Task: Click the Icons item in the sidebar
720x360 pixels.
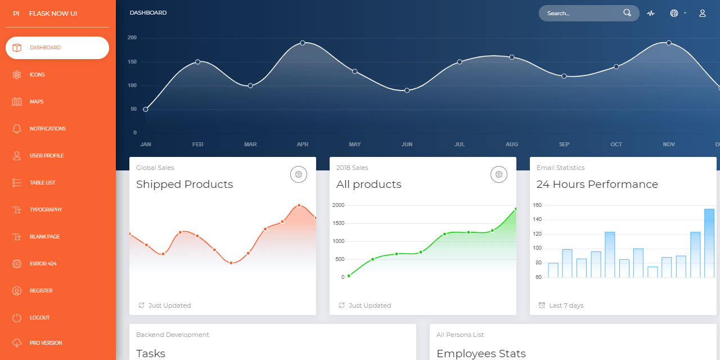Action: [37, 75]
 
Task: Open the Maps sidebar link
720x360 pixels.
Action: [37, 102]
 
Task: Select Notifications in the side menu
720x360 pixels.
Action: [48, 129]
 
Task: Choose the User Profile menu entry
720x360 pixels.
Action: [46, 156]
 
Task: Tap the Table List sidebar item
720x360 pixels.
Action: [42, 183]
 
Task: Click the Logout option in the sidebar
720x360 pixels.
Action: [39, 318]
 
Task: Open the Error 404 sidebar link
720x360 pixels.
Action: [43, 264]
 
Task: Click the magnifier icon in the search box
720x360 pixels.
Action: [627, 13]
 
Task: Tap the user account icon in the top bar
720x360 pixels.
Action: [703, 13]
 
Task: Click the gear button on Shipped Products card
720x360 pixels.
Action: [299, 174]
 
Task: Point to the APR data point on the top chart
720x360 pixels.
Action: [303, 43]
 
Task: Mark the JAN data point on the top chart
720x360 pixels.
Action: [146, 109]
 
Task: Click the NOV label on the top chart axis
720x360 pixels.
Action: [669, 145]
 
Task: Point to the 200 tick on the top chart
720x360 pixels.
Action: [132, 38]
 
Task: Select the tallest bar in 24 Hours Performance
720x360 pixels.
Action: [709, 242]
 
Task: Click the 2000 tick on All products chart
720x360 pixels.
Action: [338, 205]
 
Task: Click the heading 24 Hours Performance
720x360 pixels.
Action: [597, 184]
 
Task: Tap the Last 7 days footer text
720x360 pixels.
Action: [566, 305]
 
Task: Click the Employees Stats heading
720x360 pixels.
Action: [481, 354]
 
